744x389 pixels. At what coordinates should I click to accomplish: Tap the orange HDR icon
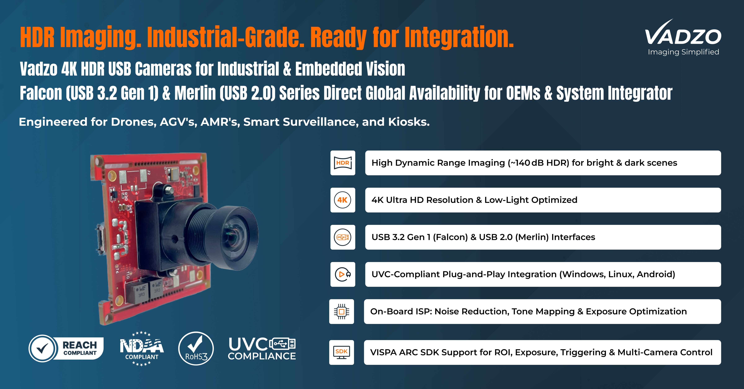(343, 163)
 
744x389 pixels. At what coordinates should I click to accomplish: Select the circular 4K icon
(343, 200)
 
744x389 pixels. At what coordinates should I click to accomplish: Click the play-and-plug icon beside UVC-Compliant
(343, 274)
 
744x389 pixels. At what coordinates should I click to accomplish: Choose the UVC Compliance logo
(262, 349)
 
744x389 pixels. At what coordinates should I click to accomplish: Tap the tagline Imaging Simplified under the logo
(683, 52)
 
